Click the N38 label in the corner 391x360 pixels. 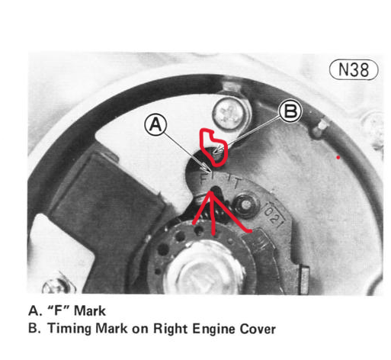coord(354,69)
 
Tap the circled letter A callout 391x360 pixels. coord(155,125)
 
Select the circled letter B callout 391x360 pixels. coord(290,111)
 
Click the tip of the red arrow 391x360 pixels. coord(212,191)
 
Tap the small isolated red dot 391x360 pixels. coord(338,158)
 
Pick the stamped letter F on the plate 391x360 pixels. coord(204,178)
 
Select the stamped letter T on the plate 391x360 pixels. coord(236,182)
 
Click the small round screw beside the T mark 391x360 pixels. coord(246,204)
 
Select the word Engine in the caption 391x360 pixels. coord(213,329)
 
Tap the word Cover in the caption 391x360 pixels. coord(258,329)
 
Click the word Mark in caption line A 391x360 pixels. coord(89,310)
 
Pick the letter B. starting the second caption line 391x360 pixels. coord(34,328)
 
